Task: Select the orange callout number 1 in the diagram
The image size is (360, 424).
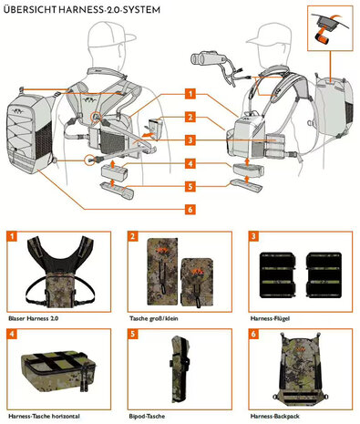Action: point(189,94)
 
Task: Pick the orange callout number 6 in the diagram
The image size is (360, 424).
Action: point(189,208)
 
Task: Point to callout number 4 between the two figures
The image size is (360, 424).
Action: point(189,163)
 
